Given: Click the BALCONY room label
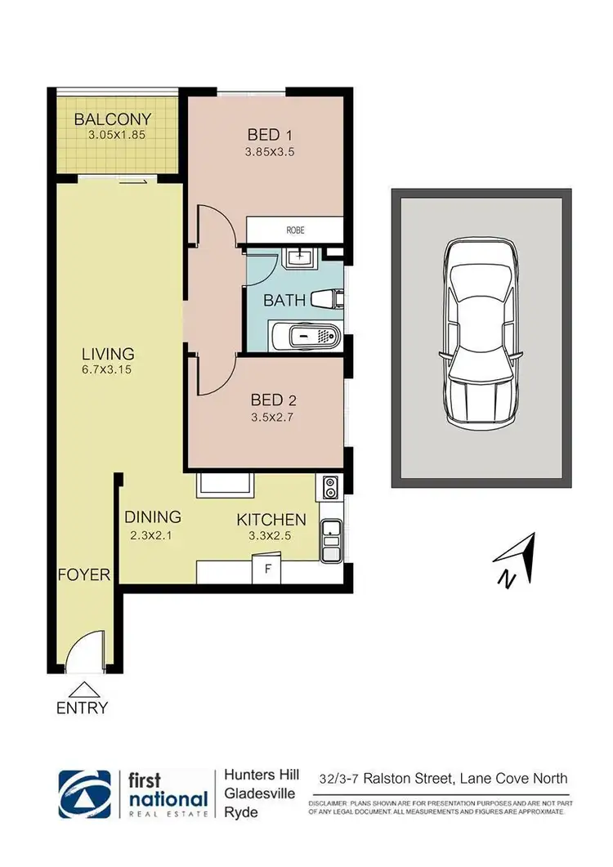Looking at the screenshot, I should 113,119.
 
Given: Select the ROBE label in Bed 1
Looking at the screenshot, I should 295,230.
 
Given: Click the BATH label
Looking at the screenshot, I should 284,301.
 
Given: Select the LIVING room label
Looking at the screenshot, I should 107,354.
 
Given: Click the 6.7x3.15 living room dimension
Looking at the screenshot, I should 107,369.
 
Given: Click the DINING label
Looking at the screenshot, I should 152,517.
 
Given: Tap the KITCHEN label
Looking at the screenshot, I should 271,520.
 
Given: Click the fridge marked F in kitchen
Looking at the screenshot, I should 266,569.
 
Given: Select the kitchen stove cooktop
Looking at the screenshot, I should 330,487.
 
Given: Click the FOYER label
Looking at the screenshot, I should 83,574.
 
